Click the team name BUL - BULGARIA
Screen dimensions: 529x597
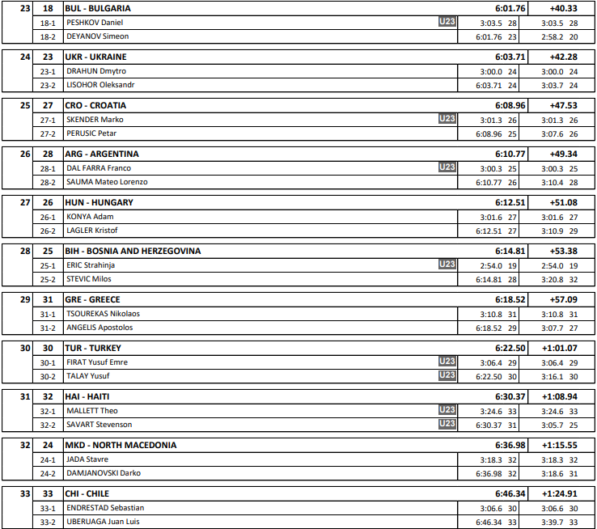[98, 8]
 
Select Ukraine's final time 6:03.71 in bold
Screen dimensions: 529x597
[510, 57]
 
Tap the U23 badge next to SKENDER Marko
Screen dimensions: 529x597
[447, 119]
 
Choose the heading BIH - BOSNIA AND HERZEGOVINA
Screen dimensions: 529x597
[133, 251]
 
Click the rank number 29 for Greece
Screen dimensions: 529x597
[25, 299]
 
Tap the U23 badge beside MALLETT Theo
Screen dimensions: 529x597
[447, 410]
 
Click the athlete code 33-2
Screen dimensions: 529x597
[48, 522]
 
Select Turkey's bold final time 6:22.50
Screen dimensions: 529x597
[510, 348]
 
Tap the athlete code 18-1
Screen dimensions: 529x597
[48, 22]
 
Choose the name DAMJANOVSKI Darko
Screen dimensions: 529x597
[104, 473]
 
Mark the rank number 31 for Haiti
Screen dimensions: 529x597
[25, 396]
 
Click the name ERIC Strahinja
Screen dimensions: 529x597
[91, 264]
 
